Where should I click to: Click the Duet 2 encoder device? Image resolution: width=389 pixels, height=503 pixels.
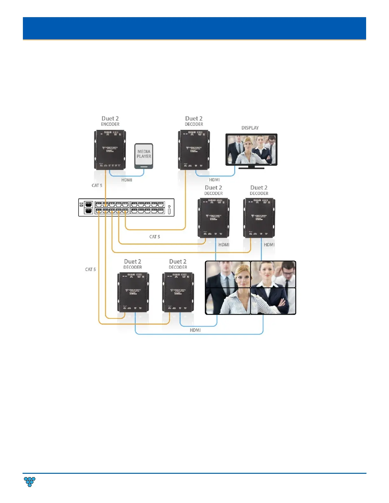click(110, 150)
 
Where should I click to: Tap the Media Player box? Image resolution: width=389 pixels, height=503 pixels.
click(144, 156)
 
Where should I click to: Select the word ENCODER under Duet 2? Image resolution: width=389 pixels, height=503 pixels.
click(110, 124)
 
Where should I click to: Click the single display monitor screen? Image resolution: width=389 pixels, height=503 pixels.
click(251, 149)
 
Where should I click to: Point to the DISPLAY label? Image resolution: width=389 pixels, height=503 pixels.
click(250, 128)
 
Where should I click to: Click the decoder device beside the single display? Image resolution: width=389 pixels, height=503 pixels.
click(194, 150)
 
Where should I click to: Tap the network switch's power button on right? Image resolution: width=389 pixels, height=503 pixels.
click(169, 211)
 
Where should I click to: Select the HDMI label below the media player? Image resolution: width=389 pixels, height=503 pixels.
click(127, 180)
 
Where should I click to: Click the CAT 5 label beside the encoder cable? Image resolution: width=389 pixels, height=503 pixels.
click(97, 185)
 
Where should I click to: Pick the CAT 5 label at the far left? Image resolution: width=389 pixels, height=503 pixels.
click(90, 270)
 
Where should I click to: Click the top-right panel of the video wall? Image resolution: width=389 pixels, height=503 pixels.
click(273, 274)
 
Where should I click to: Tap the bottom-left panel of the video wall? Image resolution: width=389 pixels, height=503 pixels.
click(228, 301)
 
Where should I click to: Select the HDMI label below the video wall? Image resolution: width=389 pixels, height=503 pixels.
click(195, 330)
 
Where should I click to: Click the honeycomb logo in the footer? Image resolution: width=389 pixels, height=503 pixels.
click(30, 482)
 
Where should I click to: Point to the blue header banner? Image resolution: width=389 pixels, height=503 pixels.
click(194, 28)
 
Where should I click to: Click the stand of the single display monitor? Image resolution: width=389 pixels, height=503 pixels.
click(251, 167)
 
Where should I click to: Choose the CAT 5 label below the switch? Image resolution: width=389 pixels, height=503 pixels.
click(155, 237)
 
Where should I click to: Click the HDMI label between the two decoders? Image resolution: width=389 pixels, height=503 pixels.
click(224, 245)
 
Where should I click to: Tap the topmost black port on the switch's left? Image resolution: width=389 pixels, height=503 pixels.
click(89, 204)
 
